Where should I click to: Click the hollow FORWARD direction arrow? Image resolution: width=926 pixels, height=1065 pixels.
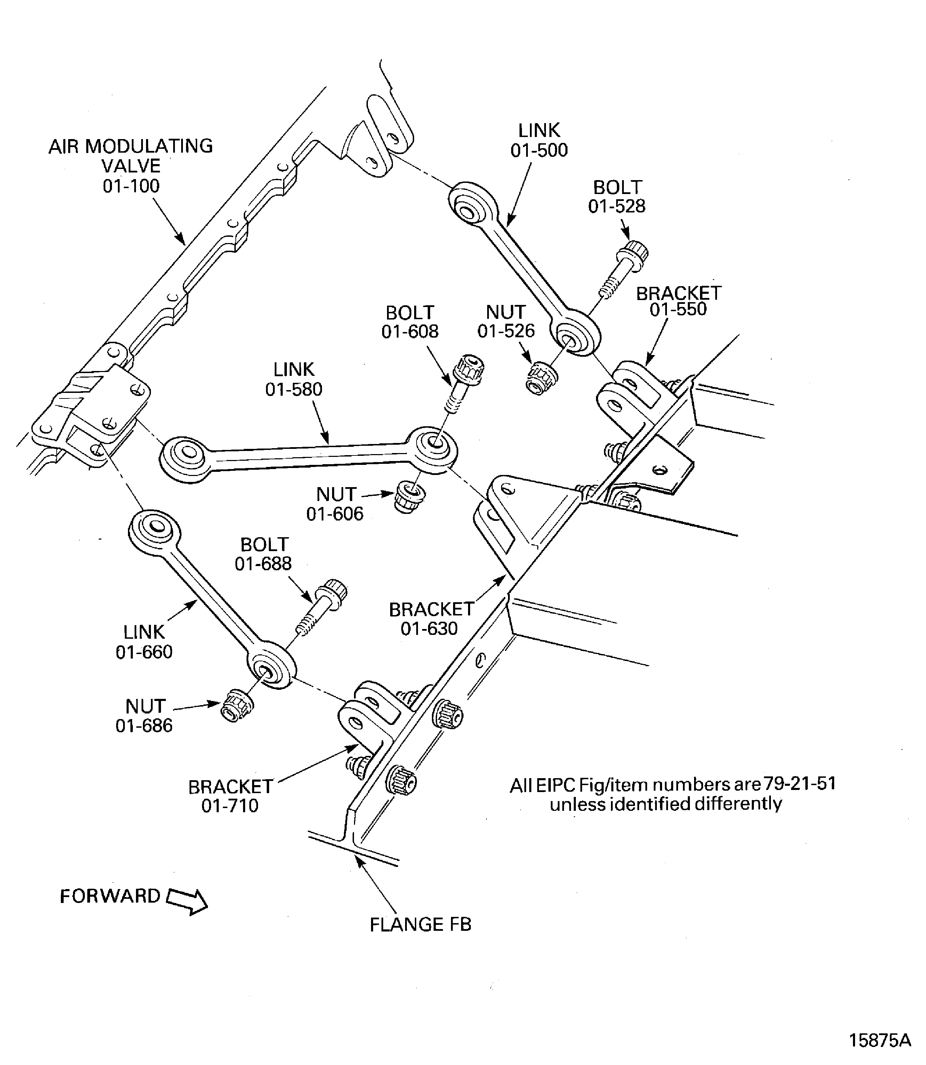click(187, 901)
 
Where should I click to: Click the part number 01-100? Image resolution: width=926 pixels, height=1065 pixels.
click(131, 186)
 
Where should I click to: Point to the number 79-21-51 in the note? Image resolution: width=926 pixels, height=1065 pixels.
click(799, 784)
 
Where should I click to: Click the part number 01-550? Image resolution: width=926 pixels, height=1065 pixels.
click(678, 309)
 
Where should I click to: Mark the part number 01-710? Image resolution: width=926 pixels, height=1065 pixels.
click(230, 806)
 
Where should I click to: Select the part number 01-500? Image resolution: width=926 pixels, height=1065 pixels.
click(539, 150)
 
